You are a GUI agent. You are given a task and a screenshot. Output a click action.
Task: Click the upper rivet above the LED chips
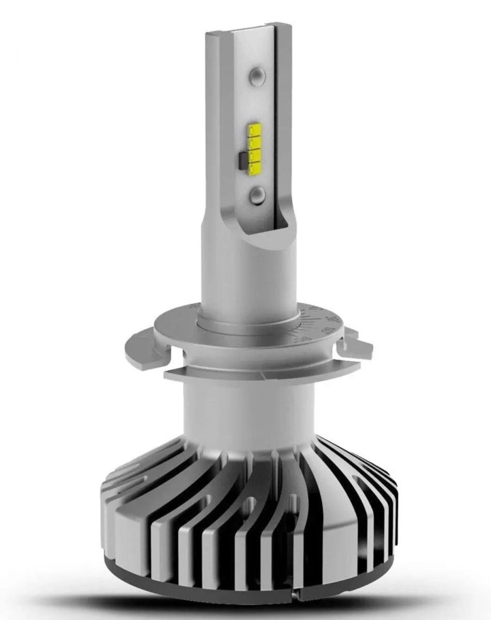(257, 77)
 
